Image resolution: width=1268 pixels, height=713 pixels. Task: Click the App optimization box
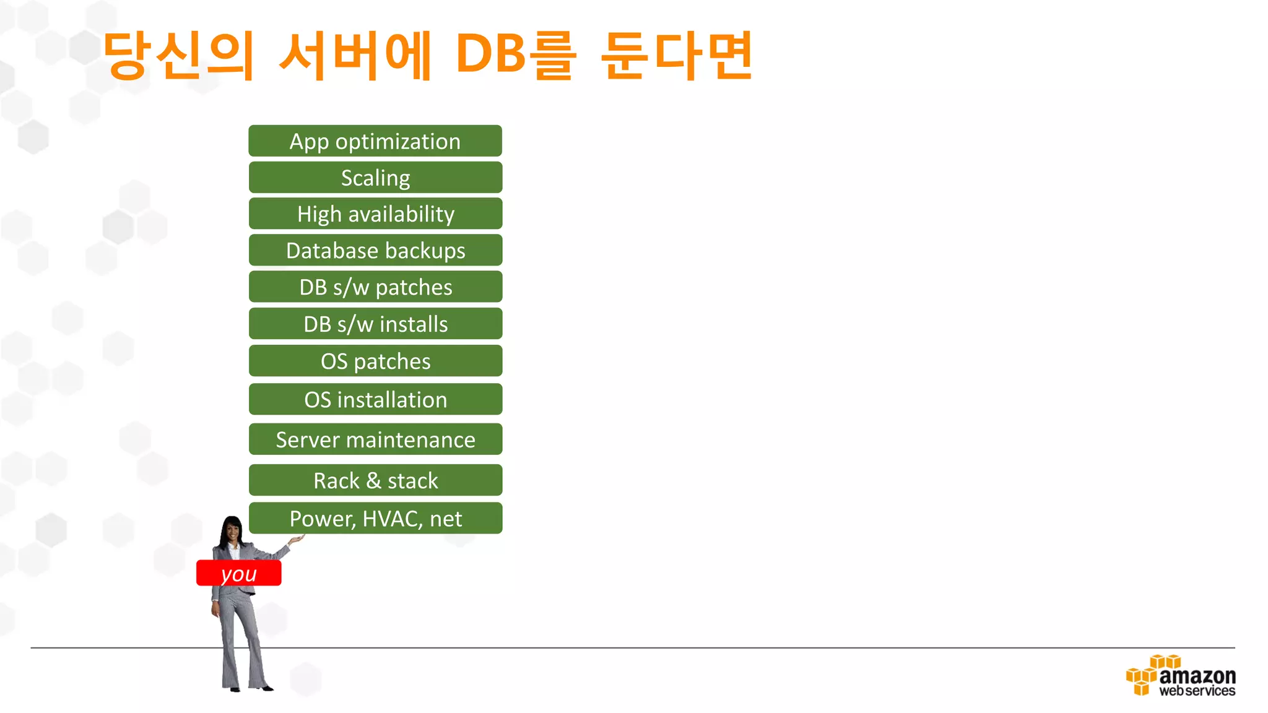point(375,141)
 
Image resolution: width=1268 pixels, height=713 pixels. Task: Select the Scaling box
point(375,178)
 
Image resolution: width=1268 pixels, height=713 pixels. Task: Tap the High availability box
point(375,214)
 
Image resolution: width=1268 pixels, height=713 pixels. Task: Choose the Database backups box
point(375,250)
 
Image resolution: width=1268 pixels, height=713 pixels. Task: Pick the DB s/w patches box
point(375,287)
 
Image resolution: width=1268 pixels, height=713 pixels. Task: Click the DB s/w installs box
point(375,324)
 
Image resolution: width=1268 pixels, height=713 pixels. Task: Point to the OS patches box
point(375,361)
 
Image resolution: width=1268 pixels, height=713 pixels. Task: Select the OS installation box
point(375,399)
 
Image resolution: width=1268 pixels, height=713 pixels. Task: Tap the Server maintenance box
point(375,439)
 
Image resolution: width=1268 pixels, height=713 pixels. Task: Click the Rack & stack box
point(375,480)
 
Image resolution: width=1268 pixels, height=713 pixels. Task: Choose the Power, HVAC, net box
point(375,518)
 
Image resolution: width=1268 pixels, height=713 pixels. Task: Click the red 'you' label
point(238,573)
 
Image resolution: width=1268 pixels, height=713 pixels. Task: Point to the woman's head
point(232,530)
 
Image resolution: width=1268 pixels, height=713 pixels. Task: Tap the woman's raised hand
point(297,540)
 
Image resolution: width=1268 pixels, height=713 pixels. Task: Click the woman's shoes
point(248,687)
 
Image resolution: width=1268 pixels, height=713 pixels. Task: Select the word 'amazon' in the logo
point(1197,675)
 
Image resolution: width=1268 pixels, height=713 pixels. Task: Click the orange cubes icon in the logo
point(1145,676)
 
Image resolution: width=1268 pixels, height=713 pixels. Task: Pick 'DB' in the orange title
point(490,54)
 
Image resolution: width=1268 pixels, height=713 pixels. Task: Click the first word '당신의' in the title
point(179,56)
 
